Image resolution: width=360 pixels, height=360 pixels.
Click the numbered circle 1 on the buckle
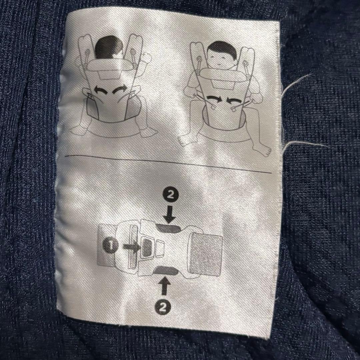click(x=110, y=246)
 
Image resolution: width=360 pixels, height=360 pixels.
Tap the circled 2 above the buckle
click(x=170, y=195)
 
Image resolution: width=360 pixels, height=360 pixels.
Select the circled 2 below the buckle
click(x=163, y=307)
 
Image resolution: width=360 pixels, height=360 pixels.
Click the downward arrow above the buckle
click(x=169, y=214)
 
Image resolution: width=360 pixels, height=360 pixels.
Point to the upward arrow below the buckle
click(x=164, y=286)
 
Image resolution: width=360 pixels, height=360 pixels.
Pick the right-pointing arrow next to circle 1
click(x=132, y=247)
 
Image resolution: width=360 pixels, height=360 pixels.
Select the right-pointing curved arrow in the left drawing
click(x=120, y=90)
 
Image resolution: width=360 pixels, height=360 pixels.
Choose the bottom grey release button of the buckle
click(x=166, y=270)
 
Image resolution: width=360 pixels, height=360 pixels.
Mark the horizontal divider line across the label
click(x=168, y=164)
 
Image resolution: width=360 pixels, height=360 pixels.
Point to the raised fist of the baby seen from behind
click(x=146, y=57)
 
